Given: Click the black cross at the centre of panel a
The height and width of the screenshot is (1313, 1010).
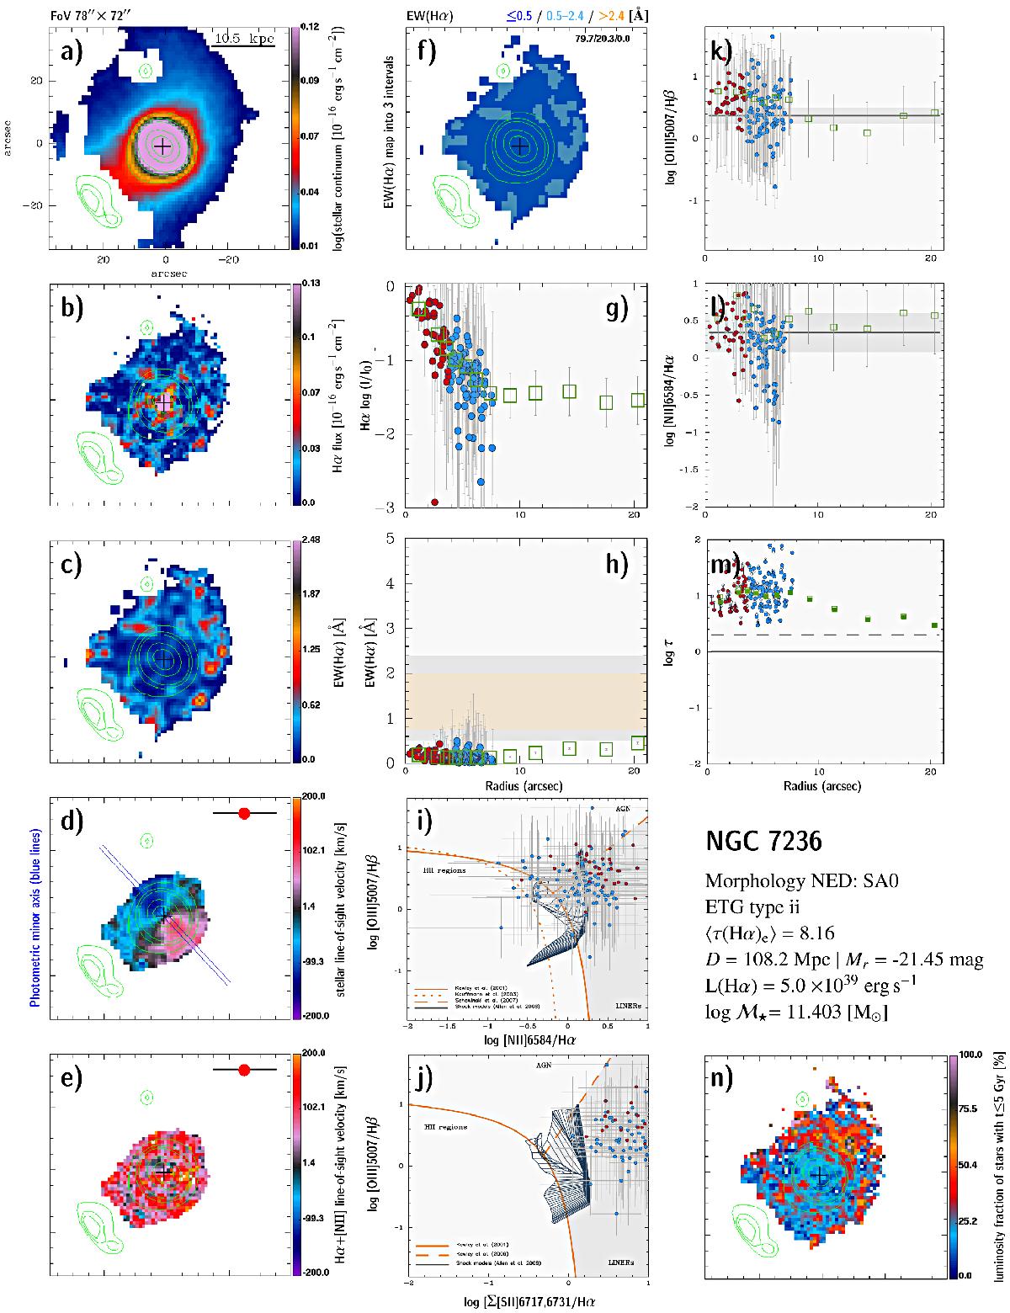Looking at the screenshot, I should (164, 146).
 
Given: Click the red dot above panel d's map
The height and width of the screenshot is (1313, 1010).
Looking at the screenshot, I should (245, 813).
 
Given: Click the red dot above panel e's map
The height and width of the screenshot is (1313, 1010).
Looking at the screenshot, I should (245, 1070).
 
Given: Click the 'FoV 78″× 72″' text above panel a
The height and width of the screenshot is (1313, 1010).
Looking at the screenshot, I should (96, 8).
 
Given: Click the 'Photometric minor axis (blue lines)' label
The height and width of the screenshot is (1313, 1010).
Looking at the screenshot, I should (35, 913).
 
